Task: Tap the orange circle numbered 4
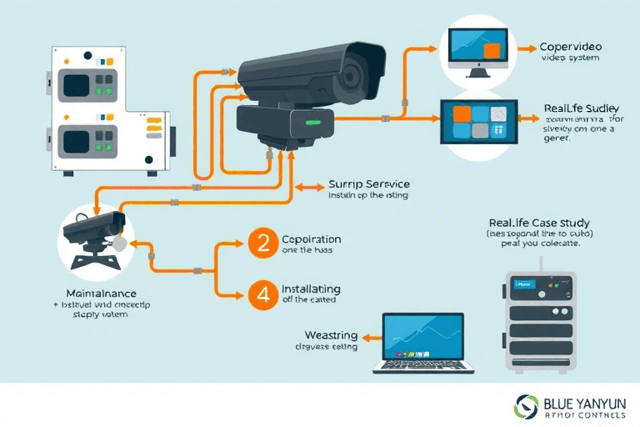260,294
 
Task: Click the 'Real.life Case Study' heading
539,223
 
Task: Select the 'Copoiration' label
312,239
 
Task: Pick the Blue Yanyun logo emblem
528,406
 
